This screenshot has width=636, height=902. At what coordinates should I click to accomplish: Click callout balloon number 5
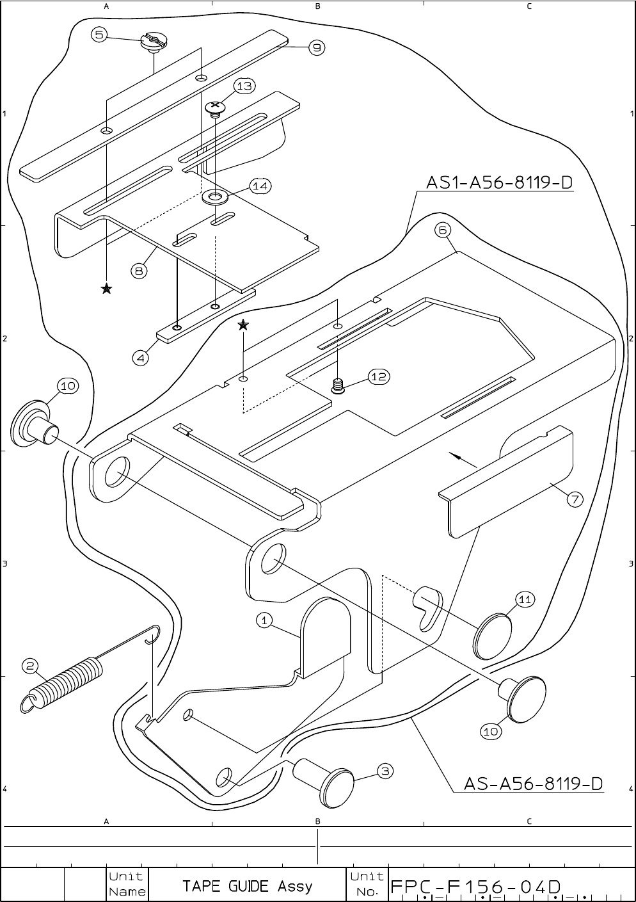point(99,35)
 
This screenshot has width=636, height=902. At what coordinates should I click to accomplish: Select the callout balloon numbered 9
point(317,47)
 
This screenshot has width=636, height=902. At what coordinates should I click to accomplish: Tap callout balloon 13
point(244,85)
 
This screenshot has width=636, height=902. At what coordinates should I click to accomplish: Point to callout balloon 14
point(260,186)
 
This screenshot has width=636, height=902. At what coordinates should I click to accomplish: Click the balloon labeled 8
point(139,271)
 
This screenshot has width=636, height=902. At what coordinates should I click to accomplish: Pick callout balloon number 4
point(140,358)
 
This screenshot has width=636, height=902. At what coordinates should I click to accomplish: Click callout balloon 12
point(379,376)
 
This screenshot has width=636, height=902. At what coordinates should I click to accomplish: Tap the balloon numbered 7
point(574,499)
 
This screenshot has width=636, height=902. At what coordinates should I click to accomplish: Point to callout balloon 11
point(525,599)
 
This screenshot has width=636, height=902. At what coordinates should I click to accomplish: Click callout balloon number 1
point(264,619)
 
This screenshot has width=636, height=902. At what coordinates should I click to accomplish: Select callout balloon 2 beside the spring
point(30,666)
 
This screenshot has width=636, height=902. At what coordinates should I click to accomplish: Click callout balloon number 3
point(385,771)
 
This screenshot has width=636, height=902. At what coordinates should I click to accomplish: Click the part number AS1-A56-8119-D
point(499,183)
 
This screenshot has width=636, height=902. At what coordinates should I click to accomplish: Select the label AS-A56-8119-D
point(533,784)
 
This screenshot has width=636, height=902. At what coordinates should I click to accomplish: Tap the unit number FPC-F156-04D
point(476,887)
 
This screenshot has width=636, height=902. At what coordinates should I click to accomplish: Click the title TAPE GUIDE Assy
point(247,886)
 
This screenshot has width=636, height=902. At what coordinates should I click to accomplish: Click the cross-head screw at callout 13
point(216,107)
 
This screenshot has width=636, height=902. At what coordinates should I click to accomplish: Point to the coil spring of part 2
point(68,682)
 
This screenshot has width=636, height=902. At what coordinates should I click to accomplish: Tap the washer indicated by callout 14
point(215,196)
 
